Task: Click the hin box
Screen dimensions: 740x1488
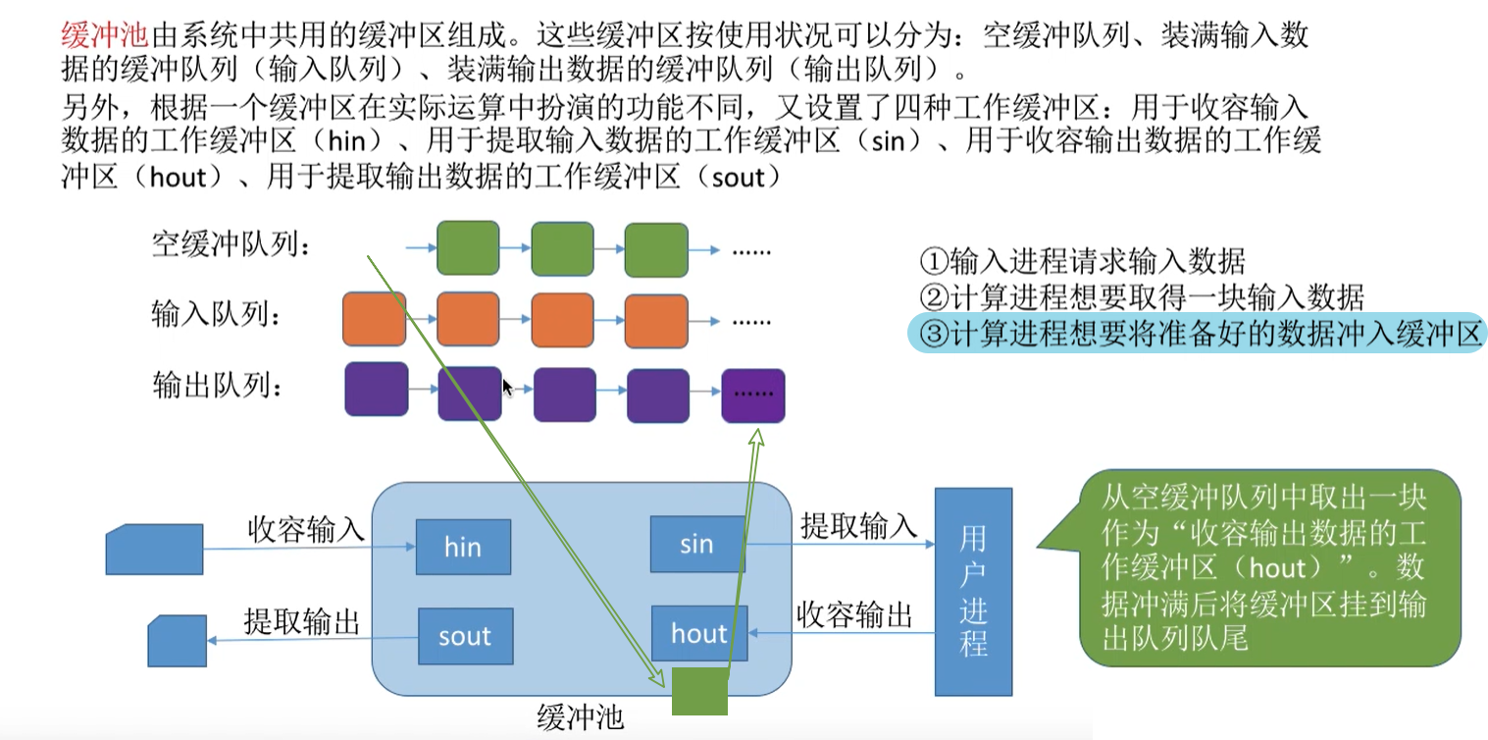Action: pos(463,547)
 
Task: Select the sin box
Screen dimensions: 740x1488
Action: pos(696,545)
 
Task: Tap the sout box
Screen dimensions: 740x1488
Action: pos(464,636)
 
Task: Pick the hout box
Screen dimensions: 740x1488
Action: pos(699,634)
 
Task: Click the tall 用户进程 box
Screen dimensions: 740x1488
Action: pos(973,591)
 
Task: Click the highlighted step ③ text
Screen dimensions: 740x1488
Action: pos(1197,334)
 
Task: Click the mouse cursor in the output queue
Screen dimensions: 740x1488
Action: pos(507,387)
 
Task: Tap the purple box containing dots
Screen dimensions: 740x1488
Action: pos(752,396)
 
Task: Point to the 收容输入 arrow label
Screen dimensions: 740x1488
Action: pos(305,531)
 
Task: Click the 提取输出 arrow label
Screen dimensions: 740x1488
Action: pos(302,621)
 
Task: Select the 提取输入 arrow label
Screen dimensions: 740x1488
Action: pos(858,525)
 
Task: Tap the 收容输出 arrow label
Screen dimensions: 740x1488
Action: pos(854,615)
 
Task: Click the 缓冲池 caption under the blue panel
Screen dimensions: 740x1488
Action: pos(580,718)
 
